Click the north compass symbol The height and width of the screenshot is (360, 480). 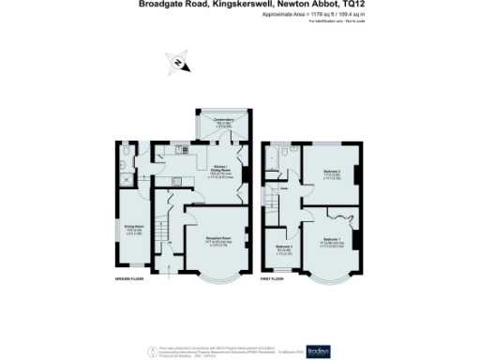pos(178,64)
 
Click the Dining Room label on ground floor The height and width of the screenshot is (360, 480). pos(134,228)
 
